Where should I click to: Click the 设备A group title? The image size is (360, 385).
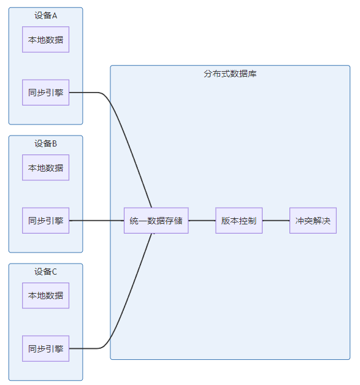point(45,16)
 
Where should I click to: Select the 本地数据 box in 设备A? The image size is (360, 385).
point(45,39)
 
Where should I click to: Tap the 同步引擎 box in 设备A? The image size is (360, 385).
point(45,93)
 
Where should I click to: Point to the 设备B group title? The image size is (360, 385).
point(45,143)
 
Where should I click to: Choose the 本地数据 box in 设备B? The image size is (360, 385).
point(45,168)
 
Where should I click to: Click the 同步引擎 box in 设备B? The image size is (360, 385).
point(45,221)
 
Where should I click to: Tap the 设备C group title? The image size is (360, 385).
point(45,272)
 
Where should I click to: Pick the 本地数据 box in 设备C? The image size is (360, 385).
point(45,295)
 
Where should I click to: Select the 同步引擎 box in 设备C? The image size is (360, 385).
point(45,349)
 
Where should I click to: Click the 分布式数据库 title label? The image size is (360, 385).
point(230,74)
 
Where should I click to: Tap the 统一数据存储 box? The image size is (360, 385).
point(156,221)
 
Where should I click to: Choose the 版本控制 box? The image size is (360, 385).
point(239,221)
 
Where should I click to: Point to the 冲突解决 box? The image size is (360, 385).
point(313,221)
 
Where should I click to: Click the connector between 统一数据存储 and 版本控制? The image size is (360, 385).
point(202,221)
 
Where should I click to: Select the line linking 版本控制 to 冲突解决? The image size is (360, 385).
point(276,221)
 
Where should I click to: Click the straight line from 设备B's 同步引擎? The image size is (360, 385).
point(96,221)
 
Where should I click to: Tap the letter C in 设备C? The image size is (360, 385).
point(55,272)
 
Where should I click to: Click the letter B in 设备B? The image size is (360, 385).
point(55,143)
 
